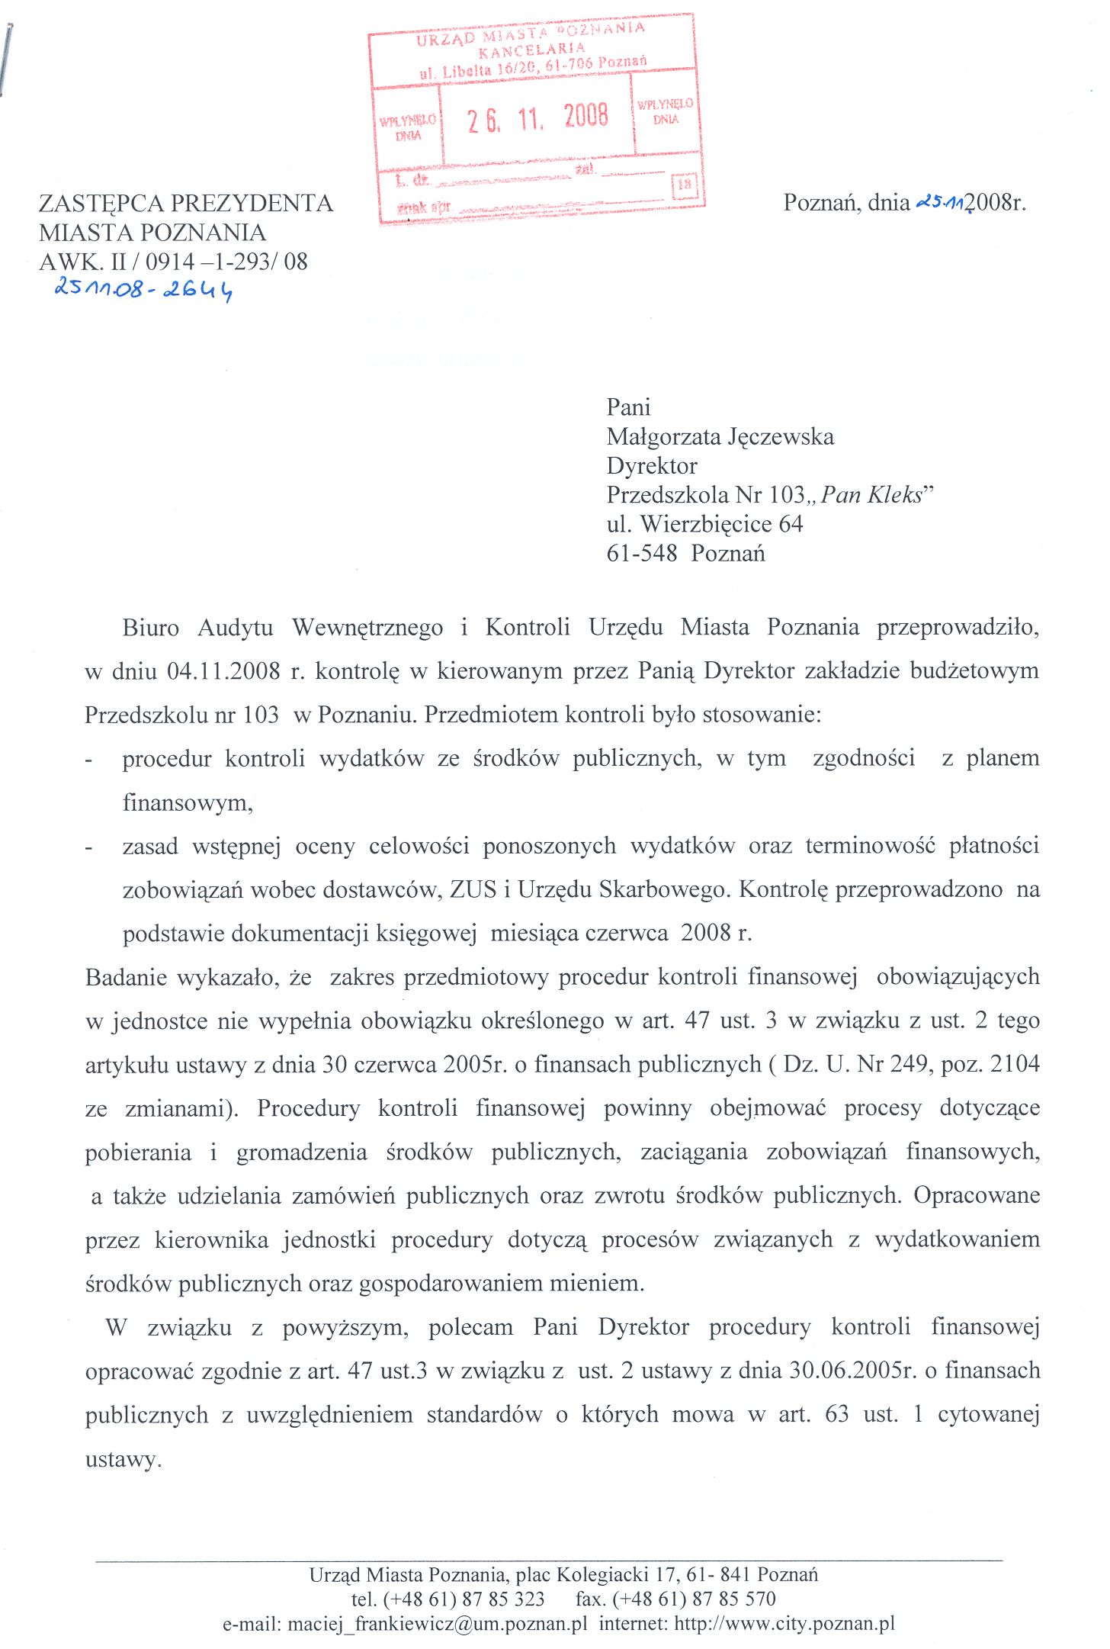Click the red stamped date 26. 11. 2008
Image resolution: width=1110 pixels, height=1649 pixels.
click(537, 118)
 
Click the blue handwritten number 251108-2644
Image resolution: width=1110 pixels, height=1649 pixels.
click(143, 290)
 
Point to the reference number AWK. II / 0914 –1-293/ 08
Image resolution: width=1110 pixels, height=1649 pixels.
click(174, 262)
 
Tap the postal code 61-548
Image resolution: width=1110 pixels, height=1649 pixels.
click(641, 554)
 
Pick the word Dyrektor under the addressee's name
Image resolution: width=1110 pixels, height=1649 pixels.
click(652, 466)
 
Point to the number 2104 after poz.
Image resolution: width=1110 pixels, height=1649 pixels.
click(1015, 1064)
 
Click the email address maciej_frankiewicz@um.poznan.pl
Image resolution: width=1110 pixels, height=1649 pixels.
click(437, 1623)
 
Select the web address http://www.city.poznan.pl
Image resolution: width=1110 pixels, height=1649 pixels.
click(784, 1623)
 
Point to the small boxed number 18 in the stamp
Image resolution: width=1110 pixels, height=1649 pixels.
click(684, 185)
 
